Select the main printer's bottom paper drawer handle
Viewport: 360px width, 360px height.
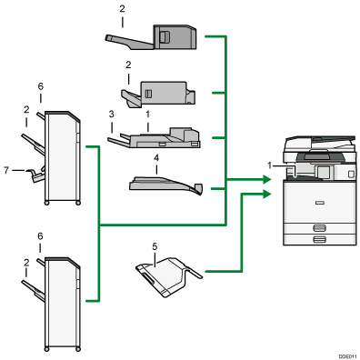point(317,239)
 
